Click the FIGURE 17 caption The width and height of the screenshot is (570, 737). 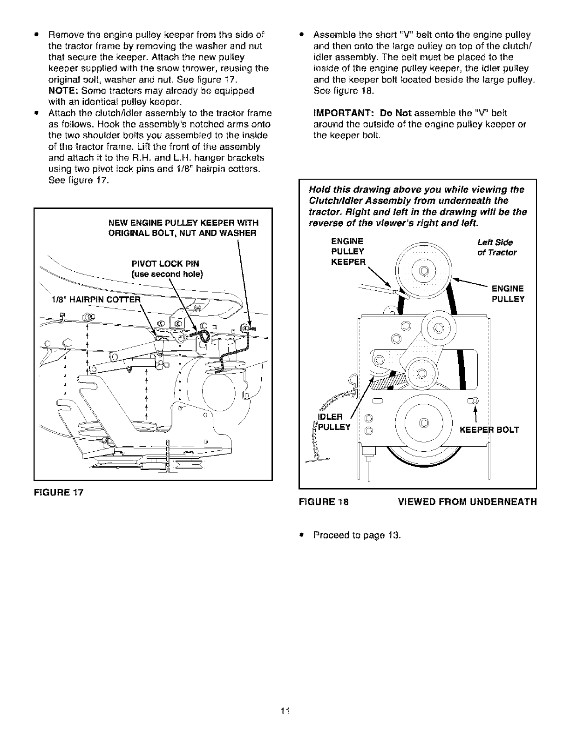pyautogui.click(x=58, y=492)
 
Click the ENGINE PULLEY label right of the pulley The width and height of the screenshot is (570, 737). pyautogui.click(x=508, y=293)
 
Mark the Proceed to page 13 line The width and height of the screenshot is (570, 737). pyautogui.click(x=357, y=535)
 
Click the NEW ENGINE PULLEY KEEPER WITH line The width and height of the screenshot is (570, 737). pyautogui.click(x=183, y=222)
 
